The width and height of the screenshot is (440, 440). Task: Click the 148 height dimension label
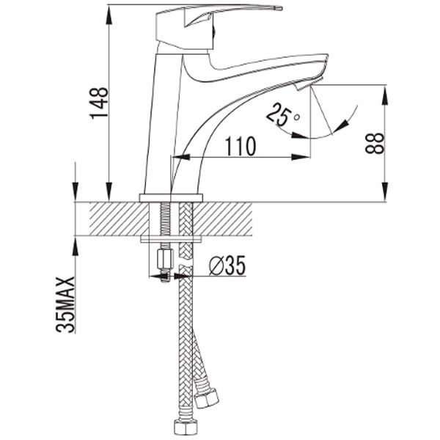[x=99, y=103]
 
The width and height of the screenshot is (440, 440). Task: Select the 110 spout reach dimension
[x=241, y=146]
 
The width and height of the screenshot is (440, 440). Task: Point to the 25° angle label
[x=283, y=114]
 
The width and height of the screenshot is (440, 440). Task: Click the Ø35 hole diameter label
[x=227, y=265]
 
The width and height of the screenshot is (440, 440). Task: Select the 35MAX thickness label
[x=65, y=305]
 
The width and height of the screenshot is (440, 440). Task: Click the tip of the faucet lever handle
[x=280, y=8]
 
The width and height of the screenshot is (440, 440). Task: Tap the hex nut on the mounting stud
[x=165, y=260]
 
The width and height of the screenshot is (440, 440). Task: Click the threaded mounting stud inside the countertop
[x=166, y=219]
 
